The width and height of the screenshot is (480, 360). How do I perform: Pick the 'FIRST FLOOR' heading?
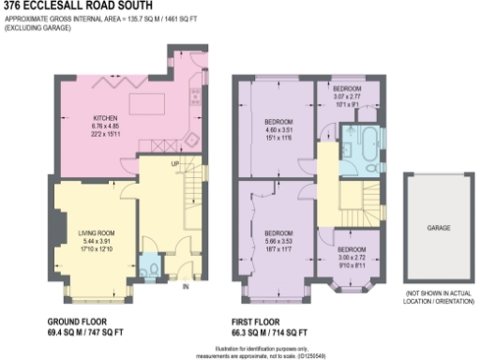point(270,322)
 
